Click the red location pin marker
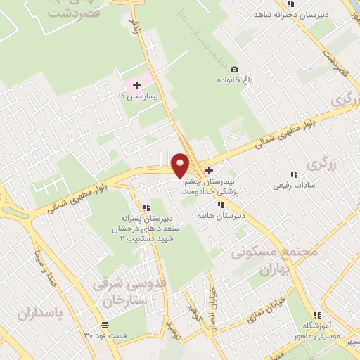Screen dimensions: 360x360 point(181,165)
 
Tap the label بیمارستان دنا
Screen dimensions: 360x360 point(136,95)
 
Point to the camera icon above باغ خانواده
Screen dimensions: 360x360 point(234,69)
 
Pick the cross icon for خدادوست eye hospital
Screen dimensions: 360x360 point(208,169)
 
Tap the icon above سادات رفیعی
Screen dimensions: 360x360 point(293,175)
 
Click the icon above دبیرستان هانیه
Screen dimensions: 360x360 point(221,205)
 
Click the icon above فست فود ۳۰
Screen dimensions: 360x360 point(105,325)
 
